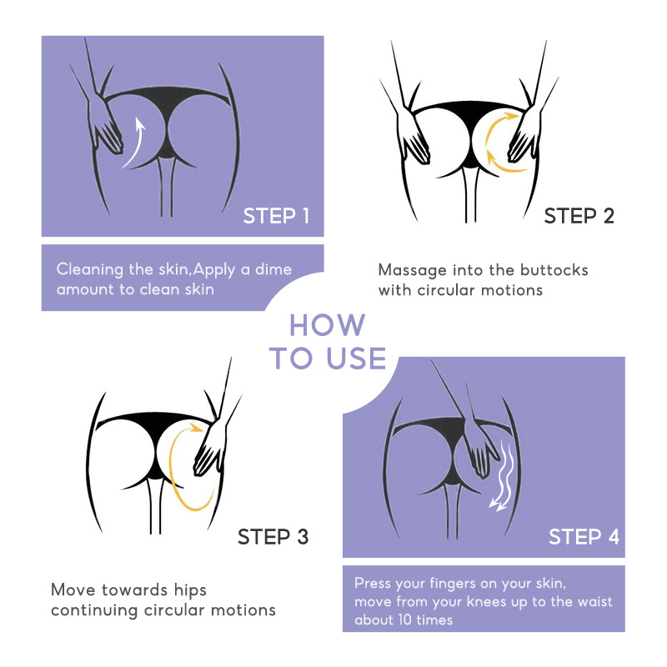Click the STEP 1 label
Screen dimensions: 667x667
pos(276,216)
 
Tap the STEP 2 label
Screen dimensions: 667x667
pos(579,216)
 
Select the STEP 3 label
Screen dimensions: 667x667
pos(273,537)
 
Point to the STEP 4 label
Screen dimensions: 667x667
pos(584,537)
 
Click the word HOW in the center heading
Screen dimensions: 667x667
pos(327,326)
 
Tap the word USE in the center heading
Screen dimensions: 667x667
pos(357,359)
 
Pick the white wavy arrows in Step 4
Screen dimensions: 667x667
pos(504,475)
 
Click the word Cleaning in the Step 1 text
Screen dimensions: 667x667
pos(90,269)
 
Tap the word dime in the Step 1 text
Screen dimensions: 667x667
pos(273,269)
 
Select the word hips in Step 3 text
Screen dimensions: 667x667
pos(190,591)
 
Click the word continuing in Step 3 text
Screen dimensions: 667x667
pos(94,611)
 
